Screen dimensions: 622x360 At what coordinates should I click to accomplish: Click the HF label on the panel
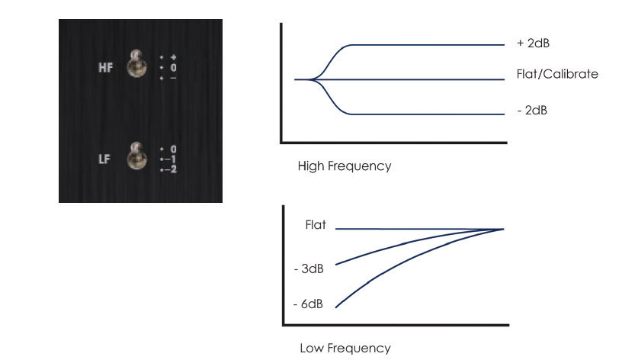(105, 67)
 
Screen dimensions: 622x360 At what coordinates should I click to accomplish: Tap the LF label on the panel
(104, 159)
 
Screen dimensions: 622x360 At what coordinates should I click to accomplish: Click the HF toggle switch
(137, 63)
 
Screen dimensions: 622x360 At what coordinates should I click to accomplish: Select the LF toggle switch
(137, 156)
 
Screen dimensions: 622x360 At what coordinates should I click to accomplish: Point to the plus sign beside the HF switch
(173, 57)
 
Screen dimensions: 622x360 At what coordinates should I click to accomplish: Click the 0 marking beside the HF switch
(173, 67)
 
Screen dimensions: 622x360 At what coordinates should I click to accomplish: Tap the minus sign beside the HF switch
(173, 79)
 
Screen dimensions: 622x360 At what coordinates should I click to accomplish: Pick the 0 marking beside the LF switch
(173, 149)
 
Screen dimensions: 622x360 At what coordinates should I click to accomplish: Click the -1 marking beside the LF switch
(171, 159)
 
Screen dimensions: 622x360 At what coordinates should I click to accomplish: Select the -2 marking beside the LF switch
(171, 169)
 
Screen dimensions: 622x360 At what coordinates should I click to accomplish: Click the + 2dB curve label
(533, 43)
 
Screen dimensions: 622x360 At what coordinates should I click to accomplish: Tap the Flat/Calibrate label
(557, 74)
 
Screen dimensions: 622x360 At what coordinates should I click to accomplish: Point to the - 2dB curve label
(532, 110)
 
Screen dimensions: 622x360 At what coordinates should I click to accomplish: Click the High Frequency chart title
(345, 166)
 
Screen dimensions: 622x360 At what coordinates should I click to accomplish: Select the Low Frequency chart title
(345, 348)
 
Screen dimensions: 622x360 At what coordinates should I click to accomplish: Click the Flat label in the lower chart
(316, 225)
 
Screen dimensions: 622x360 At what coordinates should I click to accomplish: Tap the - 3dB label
(309, 268)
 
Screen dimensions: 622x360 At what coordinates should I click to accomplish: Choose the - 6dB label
(308, 304)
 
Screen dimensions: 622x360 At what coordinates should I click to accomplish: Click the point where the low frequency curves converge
(503, 229)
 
